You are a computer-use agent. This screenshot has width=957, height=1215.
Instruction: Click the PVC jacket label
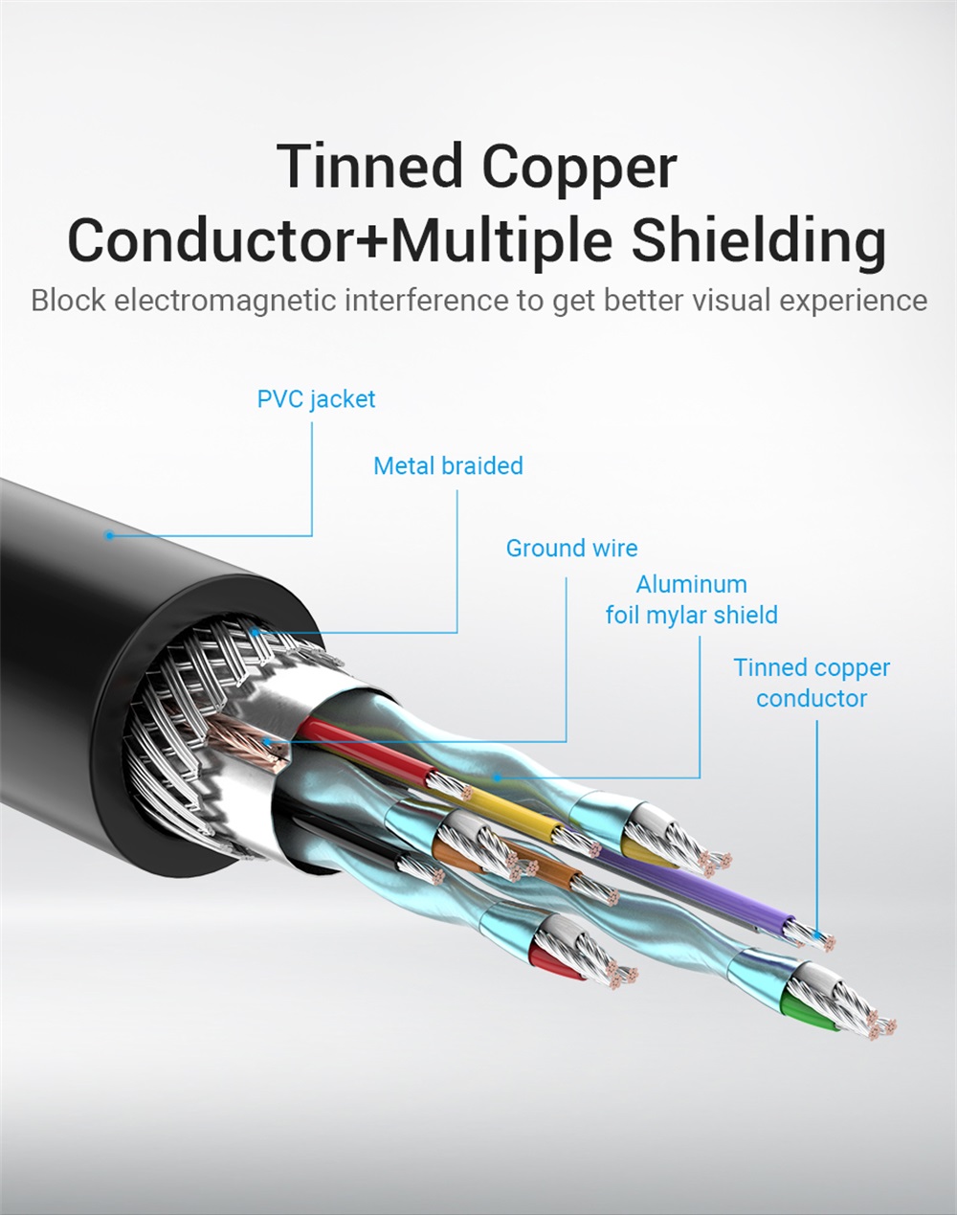[316, 398]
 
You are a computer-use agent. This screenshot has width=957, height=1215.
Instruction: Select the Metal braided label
[448, 466]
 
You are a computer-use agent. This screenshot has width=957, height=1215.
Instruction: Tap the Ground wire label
[571, 549]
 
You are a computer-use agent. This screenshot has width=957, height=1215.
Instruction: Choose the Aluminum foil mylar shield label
[691, 599]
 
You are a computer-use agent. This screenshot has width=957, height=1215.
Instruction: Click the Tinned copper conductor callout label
[812, 683]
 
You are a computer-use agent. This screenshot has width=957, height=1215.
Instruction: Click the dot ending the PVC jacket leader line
[110, 535]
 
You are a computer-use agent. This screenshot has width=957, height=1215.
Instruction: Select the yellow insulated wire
[517, 810]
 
